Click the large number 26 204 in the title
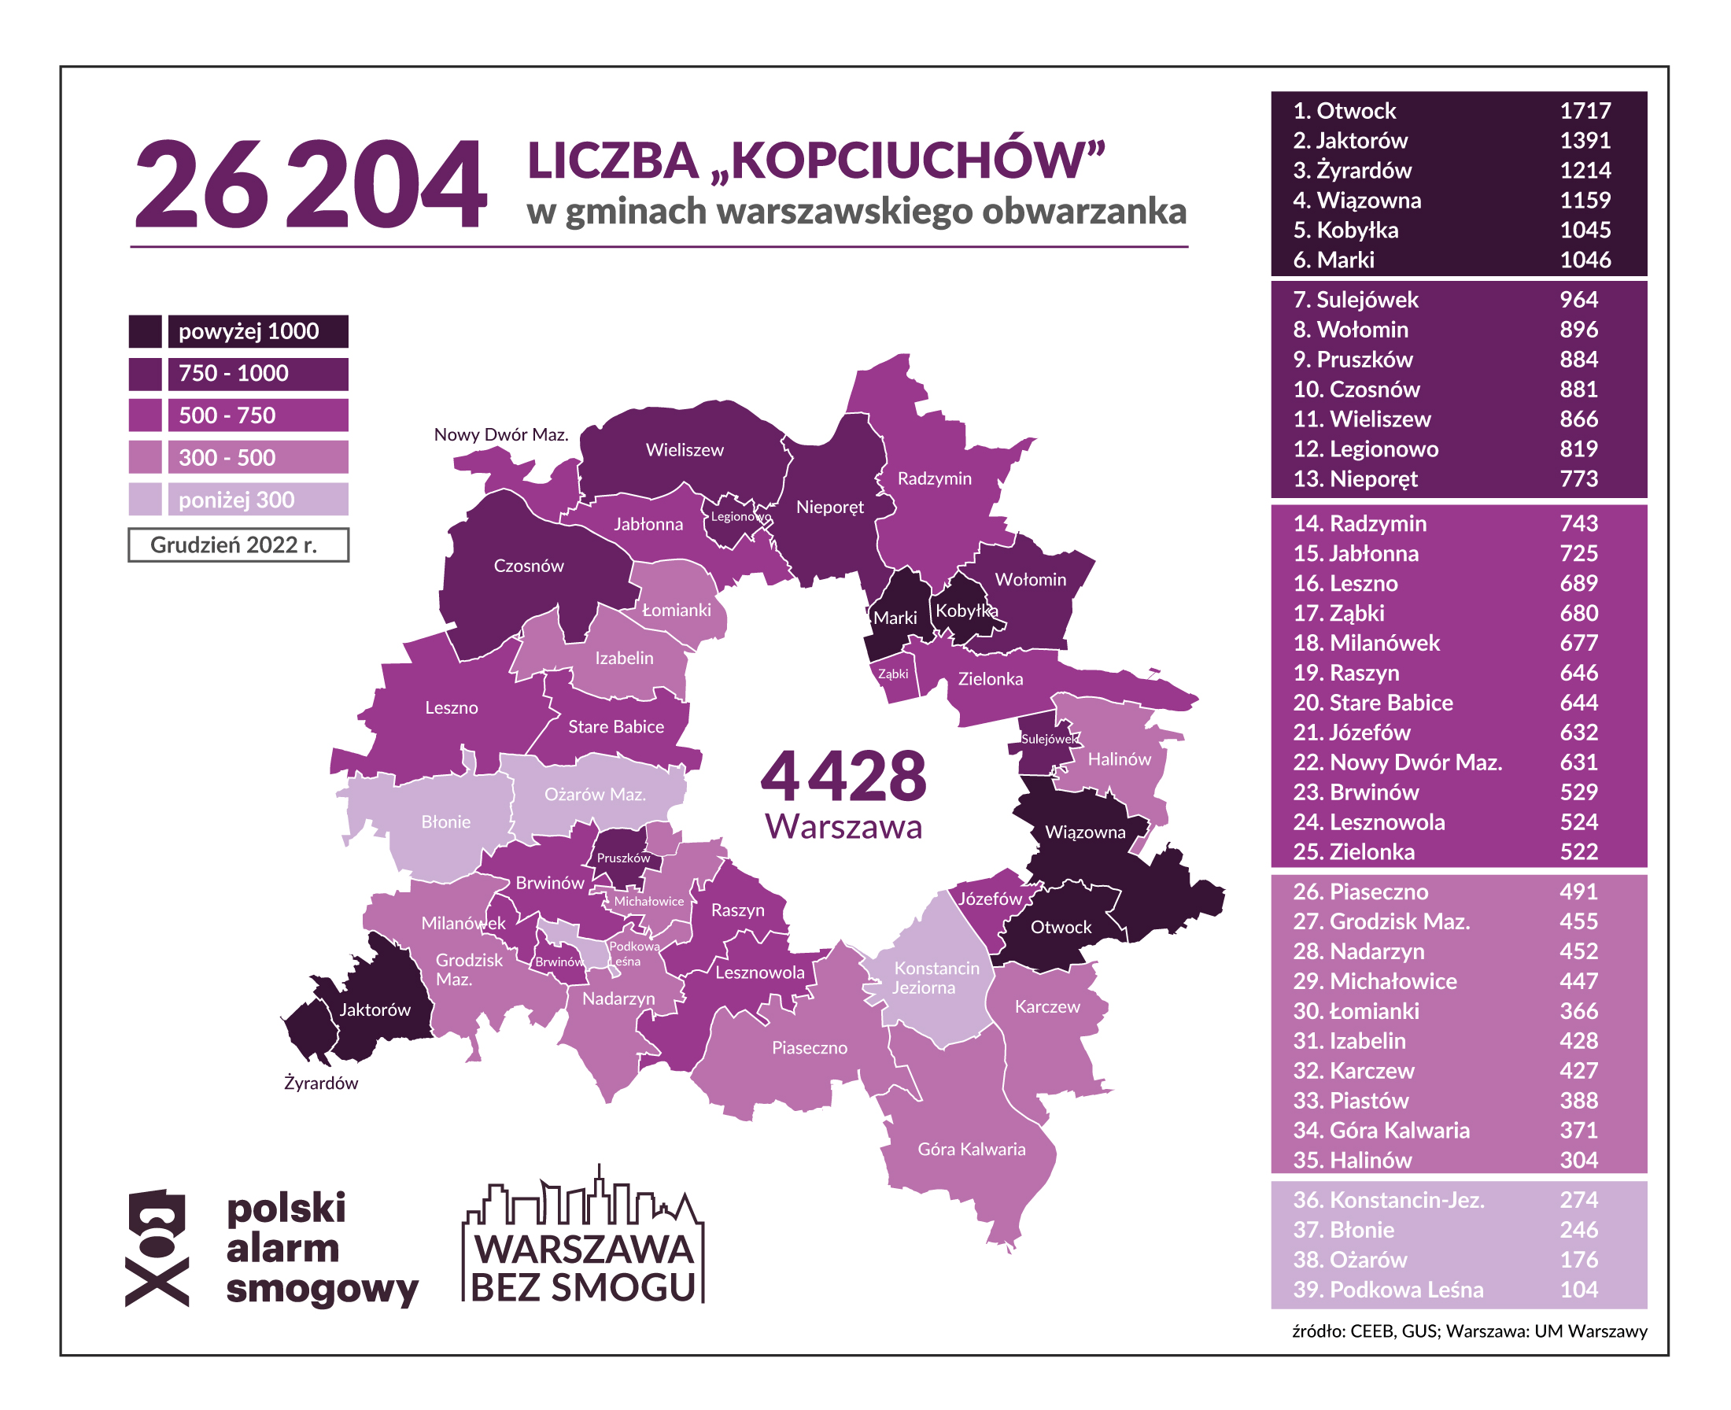310,185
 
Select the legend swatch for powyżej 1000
145,331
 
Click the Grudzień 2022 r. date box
238,545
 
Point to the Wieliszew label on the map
684,450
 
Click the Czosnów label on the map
528,566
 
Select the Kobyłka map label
965,611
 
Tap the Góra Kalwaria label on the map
971,1150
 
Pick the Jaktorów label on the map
375,1010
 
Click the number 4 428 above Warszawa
843,776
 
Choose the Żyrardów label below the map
321,1083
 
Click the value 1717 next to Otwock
1585,110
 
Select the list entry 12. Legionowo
1365,449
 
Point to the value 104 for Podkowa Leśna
1578,1290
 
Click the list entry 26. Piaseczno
1360,891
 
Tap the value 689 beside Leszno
1578,583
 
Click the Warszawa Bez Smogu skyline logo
583,1238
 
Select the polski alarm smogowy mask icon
157,1249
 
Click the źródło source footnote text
1469,1331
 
